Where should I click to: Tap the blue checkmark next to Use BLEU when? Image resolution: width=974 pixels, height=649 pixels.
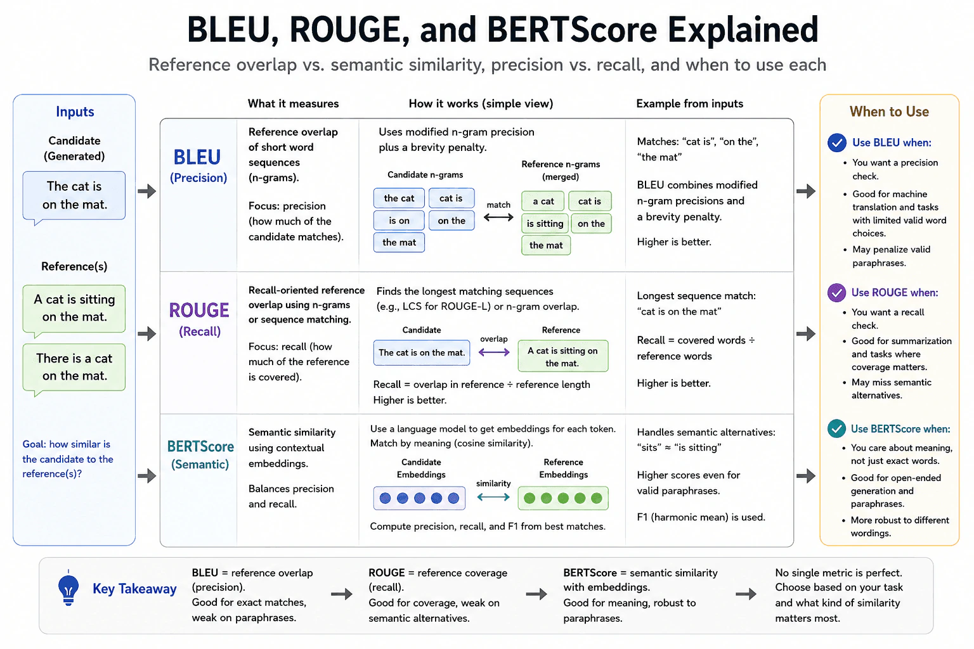point(836,143)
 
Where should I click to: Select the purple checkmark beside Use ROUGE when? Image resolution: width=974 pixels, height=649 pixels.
point(836,293)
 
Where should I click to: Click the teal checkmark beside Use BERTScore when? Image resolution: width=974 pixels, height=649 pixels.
point(836,428)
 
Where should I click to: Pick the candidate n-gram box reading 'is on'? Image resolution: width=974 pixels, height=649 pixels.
point(399,221)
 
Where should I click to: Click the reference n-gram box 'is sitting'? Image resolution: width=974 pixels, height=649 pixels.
point(545,224)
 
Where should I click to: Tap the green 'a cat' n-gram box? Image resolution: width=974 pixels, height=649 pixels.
point(543,201)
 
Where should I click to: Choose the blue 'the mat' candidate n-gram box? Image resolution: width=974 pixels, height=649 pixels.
point(399,243)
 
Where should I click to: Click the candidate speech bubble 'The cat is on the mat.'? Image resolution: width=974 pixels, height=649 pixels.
point(74,196)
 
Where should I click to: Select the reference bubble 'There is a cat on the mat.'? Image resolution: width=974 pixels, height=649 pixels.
point(74,368)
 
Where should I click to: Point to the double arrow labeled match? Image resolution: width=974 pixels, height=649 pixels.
point(498,217)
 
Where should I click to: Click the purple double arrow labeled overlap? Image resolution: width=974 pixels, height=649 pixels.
point(494,352)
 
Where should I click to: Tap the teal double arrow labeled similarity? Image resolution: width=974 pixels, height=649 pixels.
point(493,497)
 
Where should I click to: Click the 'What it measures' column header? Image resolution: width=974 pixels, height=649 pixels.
point(293,103)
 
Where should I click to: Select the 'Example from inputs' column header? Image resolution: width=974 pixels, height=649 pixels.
point(690,103)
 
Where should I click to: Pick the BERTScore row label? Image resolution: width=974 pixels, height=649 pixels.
point(200,454)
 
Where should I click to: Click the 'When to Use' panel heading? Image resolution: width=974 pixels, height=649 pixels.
point(889,112)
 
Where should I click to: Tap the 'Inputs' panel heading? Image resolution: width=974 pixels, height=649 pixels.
point(75,112)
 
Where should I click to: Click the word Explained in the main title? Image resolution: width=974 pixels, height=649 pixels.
point(743,30)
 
